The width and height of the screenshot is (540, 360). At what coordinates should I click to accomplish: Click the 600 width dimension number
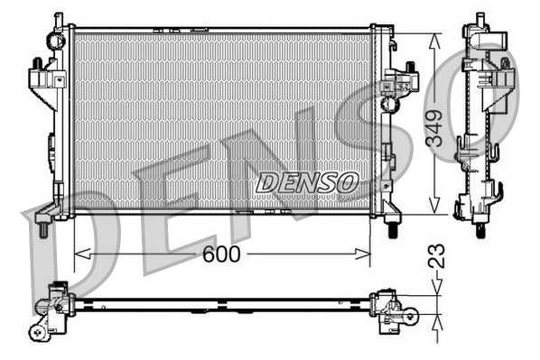(x=221, y=255)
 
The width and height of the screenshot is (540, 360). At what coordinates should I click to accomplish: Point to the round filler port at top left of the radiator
(x=59, y=40)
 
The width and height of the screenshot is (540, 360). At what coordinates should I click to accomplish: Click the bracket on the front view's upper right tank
(x=397, y=82)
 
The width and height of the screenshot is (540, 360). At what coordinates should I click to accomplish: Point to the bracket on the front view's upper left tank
(x=41, y=76)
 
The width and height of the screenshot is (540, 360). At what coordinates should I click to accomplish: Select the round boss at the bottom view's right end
(x=410, y=315)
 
